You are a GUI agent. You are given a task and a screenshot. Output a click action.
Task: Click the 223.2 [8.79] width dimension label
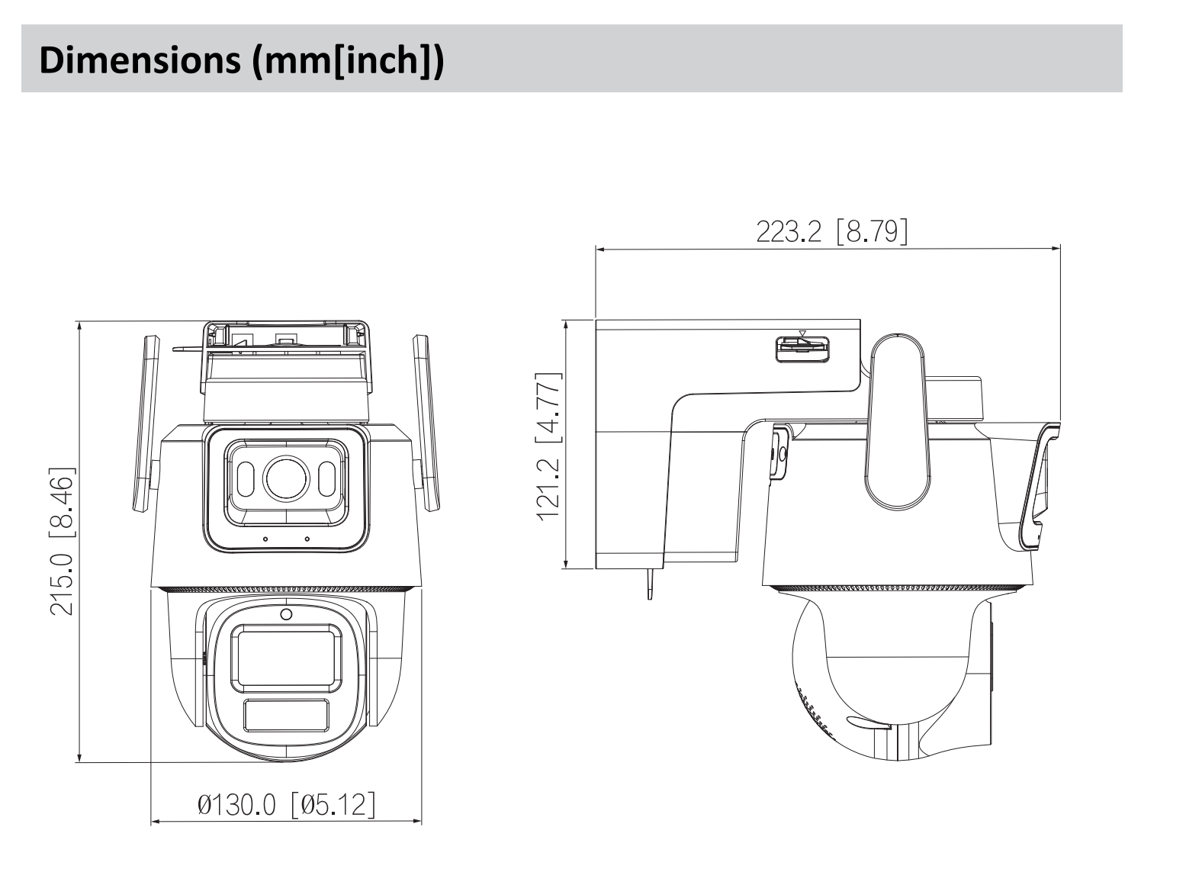(x=831, y=231)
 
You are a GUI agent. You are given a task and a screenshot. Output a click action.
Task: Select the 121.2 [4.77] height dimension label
(x=549, y=446)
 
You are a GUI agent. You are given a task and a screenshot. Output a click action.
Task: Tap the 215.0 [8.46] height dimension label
(x=63, y=541)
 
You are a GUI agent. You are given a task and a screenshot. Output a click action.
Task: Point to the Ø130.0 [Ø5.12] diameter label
(x=286, y=804)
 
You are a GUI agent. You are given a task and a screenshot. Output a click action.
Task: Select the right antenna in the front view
(x=426, y=423)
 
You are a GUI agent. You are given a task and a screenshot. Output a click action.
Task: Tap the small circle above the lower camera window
(x=286, y=614)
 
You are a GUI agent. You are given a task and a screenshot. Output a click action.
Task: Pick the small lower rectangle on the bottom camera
(x=286, y=716)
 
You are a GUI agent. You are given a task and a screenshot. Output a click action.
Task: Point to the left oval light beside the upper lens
(x=246, y=479)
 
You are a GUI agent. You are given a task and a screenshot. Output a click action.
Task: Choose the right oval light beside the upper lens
(x=326, y=479)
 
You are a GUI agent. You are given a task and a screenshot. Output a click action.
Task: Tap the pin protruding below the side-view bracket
(x=650, y=584)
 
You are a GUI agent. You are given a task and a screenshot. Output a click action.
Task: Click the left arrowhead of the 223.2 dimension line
(x=599, y=249)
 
